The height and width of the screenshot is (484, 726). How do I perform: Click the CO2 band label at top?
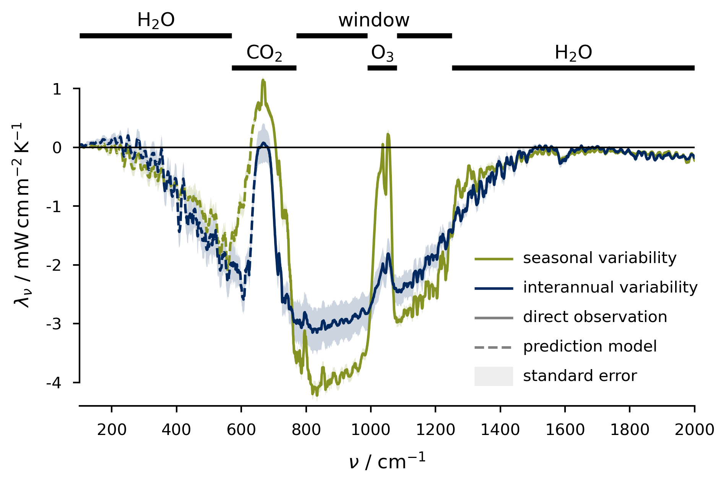coord(264,53)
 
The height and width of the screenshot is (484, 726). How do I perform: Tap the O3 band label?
coord(382,53)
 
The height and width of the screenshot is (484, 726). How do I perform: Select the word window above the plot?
coord(374,20)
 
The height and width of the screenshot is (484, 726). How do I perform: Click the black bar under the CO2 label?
coord(264,68)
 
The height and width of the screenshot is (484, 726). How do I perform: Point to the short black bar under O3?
coord(382,68)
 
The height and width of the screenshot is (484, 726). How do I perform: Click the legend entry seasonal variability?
coord(599,258)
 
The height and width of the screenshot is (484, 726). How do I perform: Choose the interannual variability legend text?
coord(610,287)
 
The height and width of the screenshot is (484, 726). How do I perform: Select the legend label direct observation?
coord(595,317)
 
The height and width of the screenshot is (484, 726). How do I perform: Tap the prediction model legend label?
coord(590,347)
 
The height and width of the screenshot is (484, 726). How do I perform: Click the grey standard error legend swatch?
coord(493,376)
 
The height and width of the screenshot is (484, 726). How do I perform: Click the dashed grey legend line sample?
coord(493,347)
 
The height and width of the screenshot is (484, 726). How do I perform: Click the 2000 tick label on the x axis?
coord(694,430)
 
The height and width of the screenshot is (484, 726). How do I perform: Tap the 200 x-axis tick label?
coord(112,430)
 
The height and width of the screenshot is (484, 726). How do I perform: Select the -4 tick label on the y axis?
coord(54,383)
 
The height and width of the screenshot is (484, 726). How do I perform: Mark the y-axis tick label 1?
coord(57,90)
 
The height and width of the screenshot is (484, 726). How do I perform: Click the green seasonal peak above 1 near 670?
coord(263,81)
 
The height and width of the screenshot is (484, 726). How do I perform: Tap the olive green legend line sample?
coord(493,259)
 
